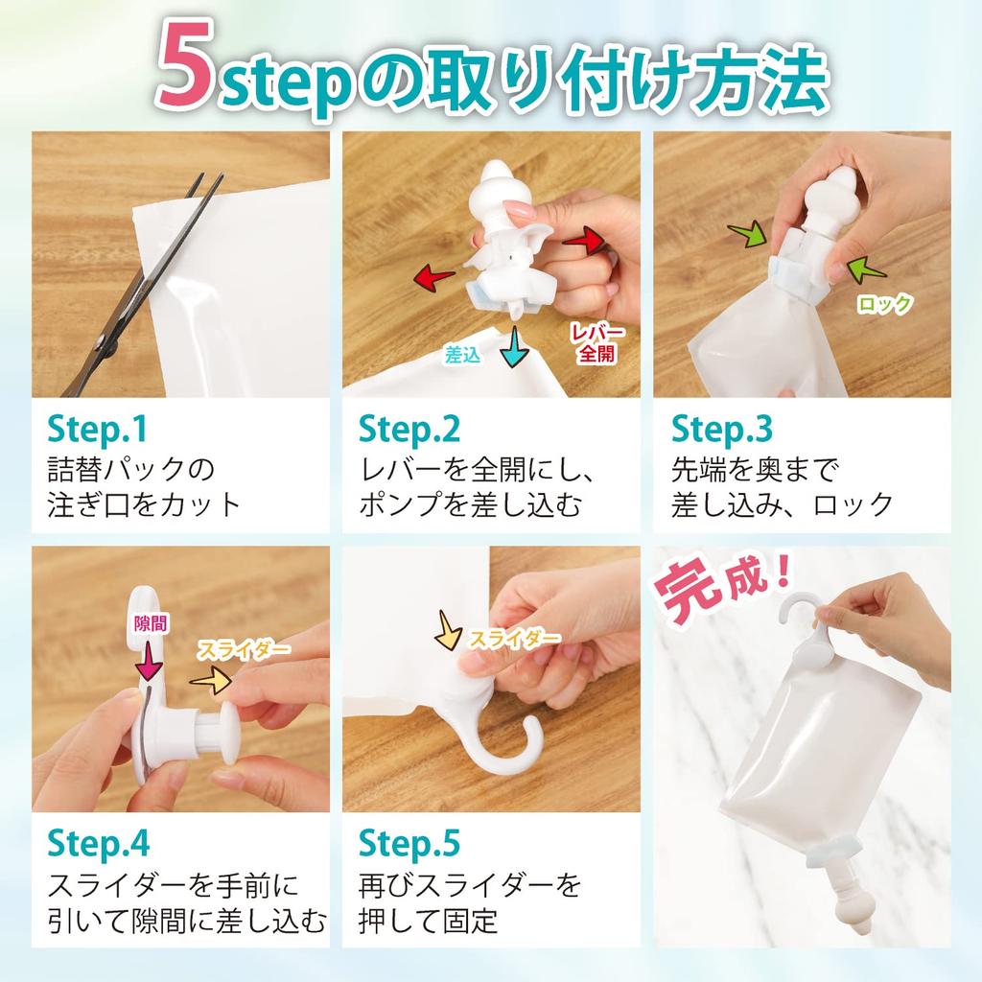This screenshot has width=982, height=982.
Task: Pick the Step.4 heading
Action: (x=100, y=843)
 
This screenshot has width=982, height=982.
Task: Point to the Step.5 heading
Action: (x=409, y=843)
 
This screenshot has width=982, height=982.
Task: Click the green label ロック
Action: (x=884, y=304)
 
